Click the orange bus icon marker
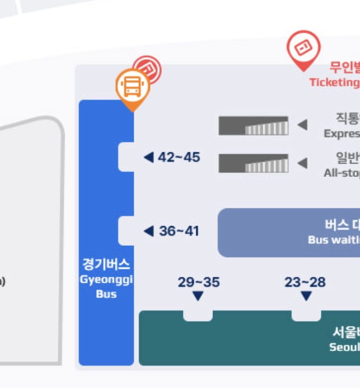coord(132,87)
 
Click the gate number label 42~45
coord(179,157)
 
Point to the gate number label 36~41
coord(179,231)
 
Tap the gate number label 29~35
coord(198,282)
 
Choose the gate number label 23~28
coord(305,282)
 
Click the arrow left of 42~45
coord(149,157)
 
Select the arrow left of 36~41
coord(149,231)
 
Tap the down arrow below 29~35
coord(198,296)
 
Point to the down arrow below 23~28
coord(306,296)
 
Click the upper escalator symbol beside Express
coord(253,126)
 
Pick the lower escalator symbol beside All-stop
coord(253,163)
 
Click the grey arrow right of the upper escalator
coord(302,125)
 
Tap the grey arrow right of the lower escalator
coord(302,162)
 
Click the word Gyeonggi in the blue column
coord(106,280)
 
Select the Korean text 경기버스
coord(106,265)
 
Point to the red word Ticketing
coord(334,82)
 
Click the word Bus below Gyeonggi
coord(106,294)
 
